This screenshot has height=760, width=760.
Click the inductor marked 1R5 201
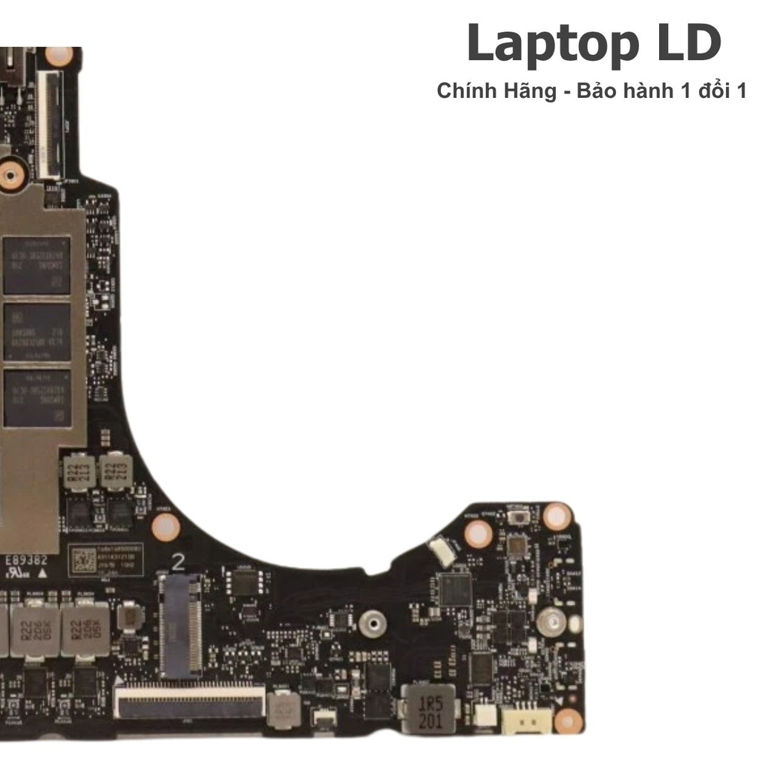click(428, 708)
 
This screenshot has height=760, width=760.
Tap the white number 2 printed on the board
click(178, 562)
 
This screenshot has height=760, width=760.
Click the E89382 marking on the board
click(26, 559)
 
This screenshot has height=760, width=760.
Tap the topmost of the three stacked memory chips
click(37, 265)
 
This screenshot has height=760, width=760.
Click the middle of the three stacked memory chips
click(37, 332)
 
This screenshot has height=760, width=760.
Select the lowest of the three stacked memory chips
click(37, 399)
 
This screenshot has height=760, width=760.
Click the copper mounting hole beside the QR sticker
click(166, 527)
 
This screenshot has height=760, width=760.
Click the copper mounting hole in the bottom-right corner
click(568, 719)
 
